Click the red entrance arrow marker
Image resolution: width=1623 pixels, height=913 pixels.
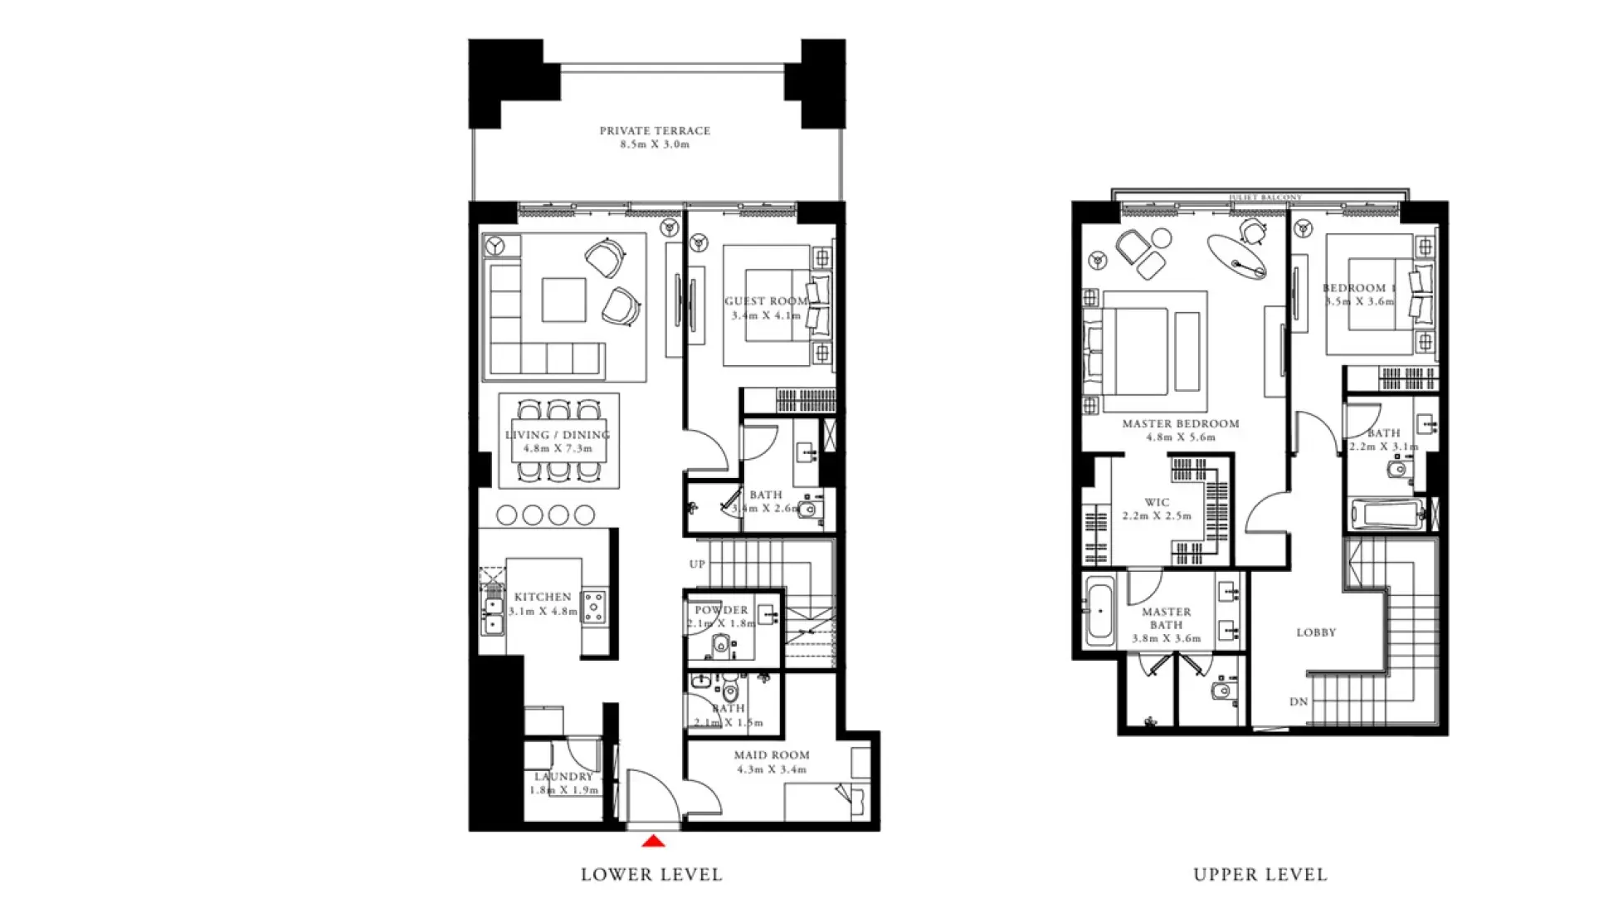(654, 842)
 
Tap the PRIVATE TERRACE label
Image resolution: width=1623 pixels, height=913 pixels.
(655, 130)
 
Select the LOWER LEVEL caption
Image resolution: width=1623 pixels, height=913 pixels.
(651, 874)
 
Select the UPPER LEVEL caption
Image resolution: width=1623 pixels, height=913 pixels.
(1260, 874)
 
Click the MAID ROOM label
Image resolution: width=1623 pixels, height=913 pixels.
(771, 755)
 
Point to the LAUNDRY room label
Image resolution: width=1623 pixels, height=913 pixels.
(563, 777)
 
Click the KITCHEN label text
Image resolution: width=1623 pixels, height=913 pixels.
(543, 597)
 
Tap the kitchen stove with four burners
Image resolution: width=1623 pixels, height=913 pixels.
(594, 606)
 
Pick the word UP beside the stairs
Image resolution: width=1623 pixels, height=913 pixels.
(697, 564)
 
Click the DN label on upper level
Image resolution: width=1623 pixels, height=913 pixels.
(1299, 701)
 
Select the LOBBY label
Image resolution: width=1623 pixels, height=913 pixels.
(1316, 632)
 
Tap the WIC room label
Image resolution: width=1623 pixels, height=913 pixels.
(1157, 502)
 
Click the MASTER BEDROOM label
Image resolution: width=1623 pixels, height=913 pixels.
(1180, 423)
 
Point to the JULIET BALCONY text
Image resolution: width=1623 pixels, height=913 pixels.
(1265, 198)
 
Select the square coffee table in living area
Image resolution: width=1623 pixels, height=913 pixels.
(563, 299)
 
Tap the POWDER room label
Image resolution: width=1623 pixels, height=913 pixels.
(721, 610)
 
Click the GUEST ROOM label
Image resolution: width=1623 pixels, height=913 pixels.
(765, 301)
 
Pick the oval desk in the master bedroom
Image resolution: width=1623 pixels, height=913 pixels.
(1236, 256)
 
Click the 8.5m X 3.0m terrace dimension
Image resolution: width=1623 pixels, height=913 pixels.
(655, 144)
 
